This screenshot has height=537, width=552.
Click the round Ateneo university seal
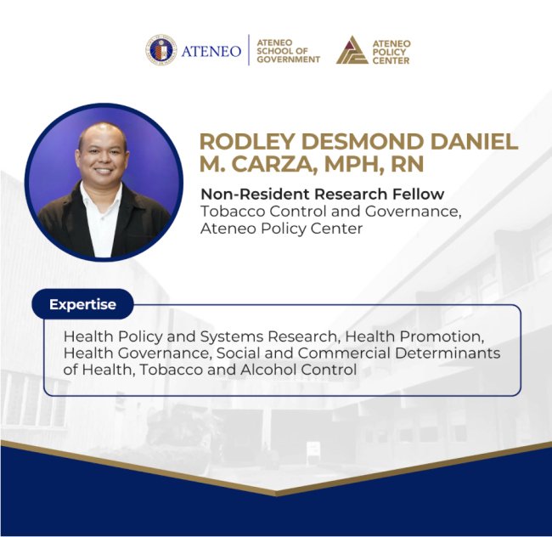click(161, 50)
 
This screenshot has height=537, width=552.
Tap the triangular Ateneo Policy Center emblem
click(352, 50)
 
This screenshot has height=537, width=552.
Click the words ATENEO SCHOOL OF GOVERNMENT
click(288, 50)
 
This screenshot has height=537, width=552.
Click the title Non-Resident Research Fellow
click(322, 194)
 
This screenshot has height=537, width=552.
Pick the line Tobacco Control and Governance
click(330, 212)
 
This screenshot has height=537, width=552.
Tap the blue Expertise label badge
click(82, 303)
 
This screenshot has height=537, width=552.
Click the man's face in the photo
click(104, 156)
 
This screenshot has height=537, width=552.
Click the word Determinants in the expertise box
click(450, 353)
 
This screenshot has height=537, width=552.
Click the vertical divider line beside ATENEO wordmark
click(249, 50)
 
